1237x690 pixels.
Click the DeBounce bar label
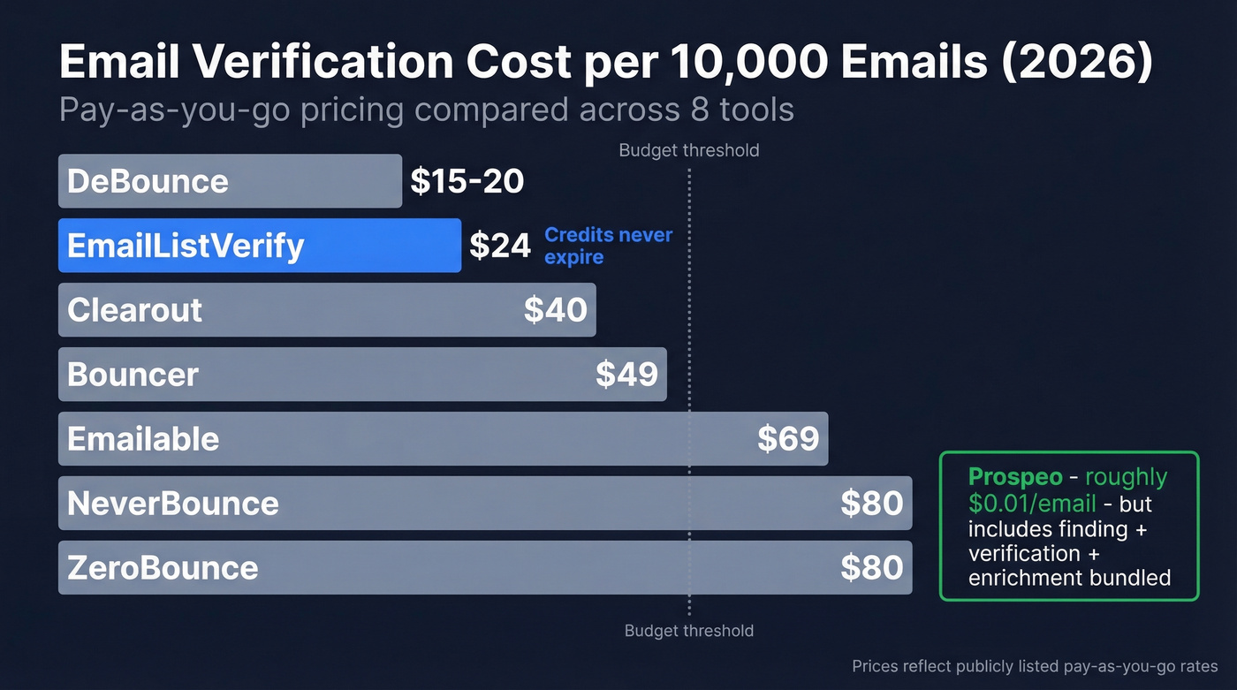coord(148,182)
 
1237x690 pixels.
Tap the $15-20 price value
coord(467,182)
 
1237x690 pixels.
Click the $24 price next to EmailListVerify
coord(499,246)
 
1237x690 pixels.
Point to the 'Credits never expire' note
coord(608,246)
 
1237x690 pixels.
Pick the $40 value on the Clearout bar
coord(555,310)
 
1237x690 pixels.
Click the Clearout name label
coord(135,310)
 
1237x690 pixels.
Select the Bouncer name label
coord(133,375)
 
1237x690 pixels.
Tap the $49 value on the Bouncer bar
coord(626,375)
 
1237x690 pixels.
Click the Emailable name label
coord(143,439)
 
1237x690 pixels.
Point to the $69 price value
coord(788,439)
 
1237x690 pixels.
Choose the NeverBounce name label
coord(173,504)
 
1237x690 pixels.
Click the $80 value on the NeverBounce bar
coord(871,504)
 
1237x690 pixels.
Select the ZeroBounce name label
coord(163,568)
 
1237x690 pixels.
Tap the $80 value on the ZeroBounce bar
coord(871,568)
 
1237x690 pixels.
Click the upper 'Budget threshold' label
coord(688,150)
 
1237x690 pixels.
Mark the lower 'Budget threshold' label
coord(688,631)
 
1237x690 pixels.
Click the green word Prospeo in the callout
coord(1015,478)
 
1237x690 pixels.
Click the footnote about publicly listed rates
coord(1035,667)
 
